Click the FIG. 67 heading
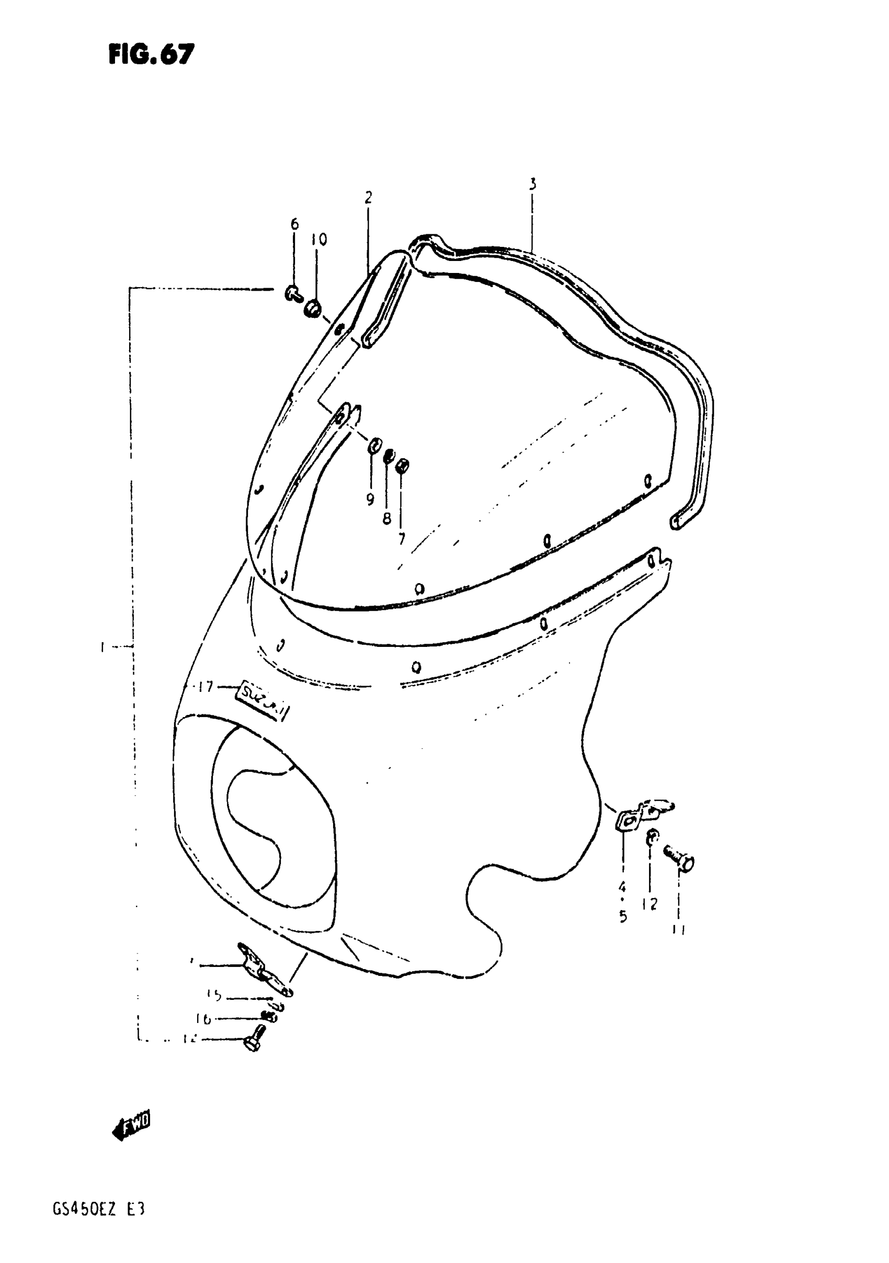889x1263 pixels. [x=151, y=54]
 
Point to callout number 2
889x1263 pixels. [x=368, y=197]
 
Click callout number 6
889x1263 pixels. [x=294, y=224]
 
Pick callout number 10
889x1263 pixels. [x=318, y=240]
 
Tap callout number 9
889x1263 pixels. [x=370, y=499]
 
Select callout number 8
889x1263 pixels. [x=387, y=518]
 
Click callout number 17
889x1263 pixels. [x=206, y=687]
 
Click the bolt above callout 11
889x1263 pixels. [x=678, y=859]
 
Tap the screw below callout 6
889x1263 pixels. [x=293, y=294]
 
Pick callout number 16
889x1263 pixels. [x=203, y=1019]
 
